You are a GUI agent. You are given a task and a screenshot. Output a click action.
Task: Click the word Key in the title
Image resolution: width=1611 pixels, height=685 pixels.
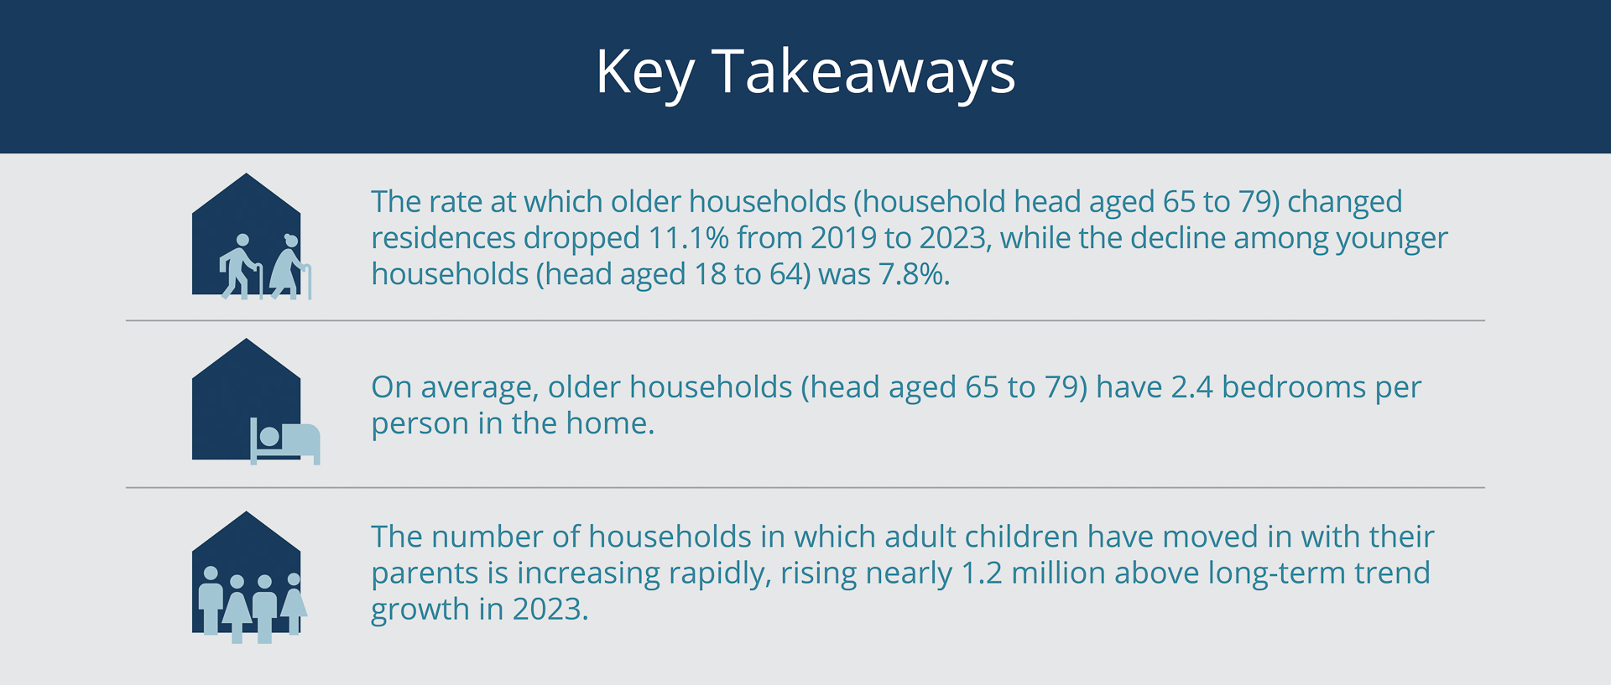pyautogui.click(x=645, y=74)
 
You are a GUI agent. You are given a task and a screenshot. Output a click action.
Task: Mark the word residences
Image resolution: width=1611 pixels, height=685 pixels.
pyautogui.click(x=443, y=238)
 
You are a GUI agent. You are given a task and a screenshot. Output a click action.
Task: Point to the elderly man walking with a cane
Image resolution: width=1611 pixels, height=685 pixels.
pyautogui.click(x=241, y=267)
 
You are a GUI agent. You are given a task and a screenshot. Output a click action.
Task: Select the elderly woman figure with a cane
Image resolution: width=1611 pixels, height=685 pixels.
pyautogui.click(x=290, y=267)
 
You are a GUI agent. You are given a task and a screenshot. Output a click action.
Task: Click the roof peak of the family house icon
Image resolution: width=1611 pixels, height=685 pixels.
pyautogui.click(x=246, y=513)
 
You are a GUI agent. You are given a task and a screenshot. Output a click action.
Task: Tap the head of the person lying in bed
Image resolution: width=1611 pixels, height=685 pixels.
pyautogui.click(x=269, y=436)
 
